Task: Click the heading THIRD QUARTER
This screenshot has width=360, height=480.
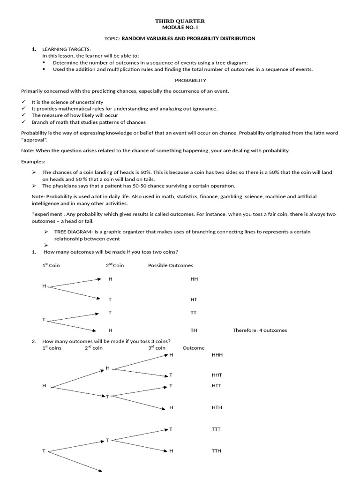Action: coord(180,22)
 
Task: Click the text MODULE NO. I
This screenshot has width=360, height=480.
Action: coord(180,28)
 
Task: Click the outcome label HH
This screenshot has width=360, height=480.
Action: coord(194,279)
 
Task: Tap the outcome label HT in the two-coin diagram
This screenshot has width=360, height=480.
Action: coord(194,299)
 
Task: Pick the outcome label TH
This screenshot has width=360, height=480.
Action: coord(194,330)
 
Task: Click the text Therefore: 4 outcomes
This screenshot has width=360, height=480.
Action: coord(260,330)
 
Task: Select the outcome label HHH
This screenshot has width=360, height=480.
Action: coord(217,355)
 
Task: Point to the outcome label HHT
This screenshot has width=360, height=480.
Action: coord(217,375)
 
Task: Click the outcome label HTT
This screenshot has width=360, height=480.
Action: coord(217,385)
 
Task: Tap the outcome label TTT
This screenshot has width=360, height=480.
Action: coord(216,429)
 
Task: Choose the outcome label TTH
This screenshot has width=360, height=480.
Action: coord(217,451)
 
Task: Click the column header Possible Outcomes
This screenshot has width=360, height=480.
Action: coord(171,265)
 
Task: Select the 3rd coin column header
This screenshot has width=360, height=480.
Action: coord(157,348)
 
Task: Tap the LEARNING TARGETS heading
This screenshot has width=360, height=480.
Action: coord(67,49)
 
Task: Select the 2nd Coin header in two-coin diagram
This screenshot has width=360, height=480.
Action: coord(115,265)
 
